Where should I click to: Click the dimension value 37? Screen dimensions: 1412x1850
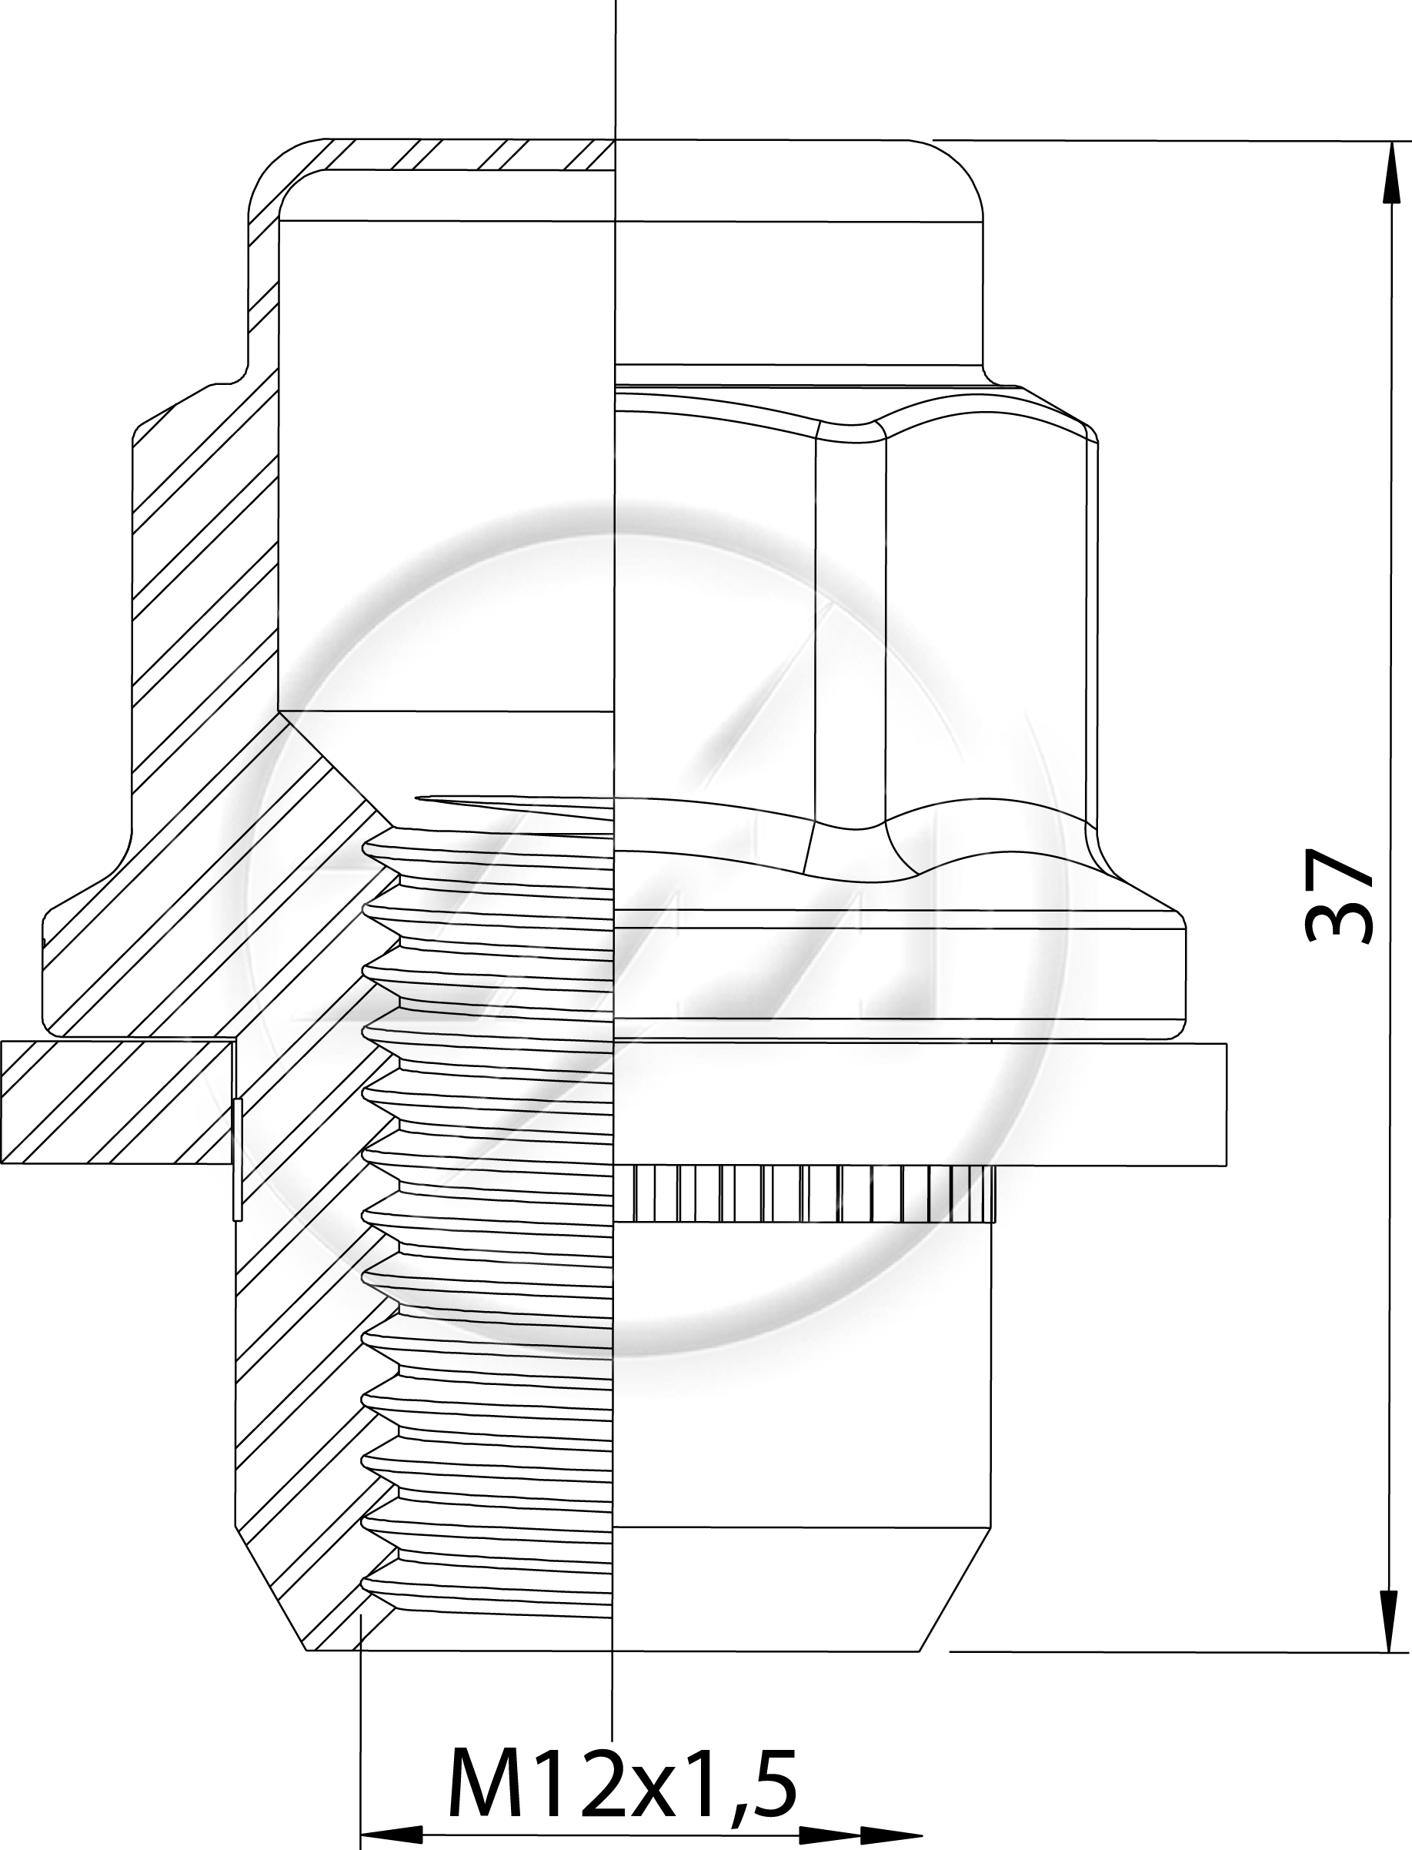tap(1340, 895)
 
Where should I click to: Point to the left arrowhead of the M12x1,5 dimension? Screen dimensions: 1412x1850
tap(392, 1832)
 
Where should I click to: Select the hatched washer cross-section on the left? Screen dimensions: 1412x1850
tap(118, 1102)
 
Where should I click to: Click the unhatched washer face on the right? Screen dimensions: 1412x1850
tap(921, 1104)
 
